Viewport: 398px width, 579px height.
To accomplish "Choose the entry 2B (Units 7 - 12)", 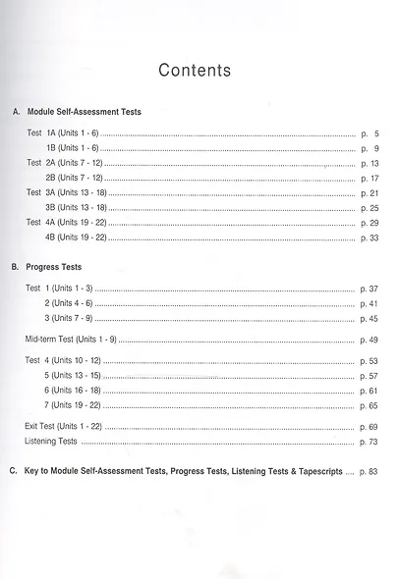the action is pyautogui.click(x=75, y=178).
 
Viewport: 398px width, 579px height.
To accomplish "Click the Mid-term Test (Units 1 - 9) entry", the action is pyautogui.click(x=72, y=340).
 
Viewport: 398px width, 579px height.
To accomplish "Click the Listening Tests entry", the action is pyautogui.click(x=51, y=443).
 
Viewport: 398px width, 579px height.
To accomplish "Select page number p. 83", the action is pyautogui.click(x=369, y=472).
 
